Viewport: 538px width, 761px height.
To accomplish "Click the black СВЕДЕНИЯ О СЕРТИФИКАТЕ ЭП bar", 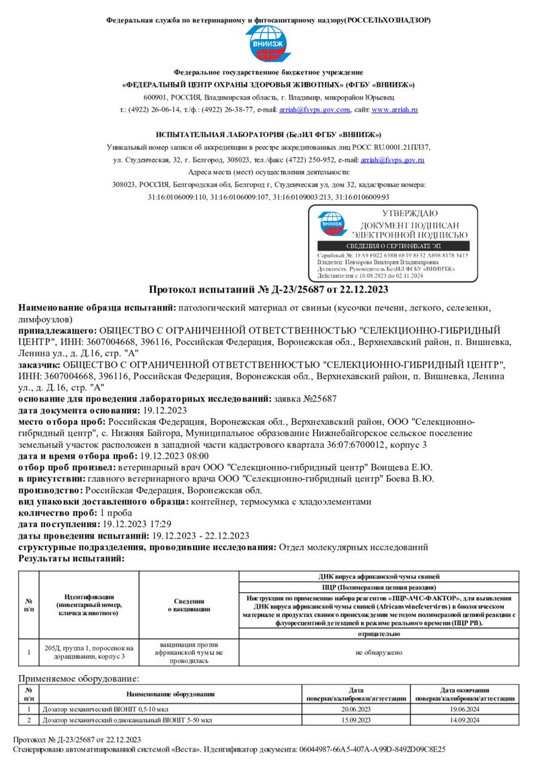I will tap(393, 247).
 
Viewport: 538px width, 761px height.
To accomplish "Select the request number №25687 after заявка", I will tap(314, 399).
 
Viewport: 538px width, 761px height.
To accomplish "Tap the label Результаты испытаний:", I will tap(71, 558).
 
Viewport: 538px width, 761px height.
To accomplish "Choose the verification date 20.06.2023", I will tap(356, 709).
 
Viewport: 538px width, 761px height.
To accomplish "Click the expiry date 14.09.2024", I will tap(465, 720).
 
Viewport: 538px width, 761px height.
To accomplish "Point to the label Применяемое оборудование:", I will tap(79, 680).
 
